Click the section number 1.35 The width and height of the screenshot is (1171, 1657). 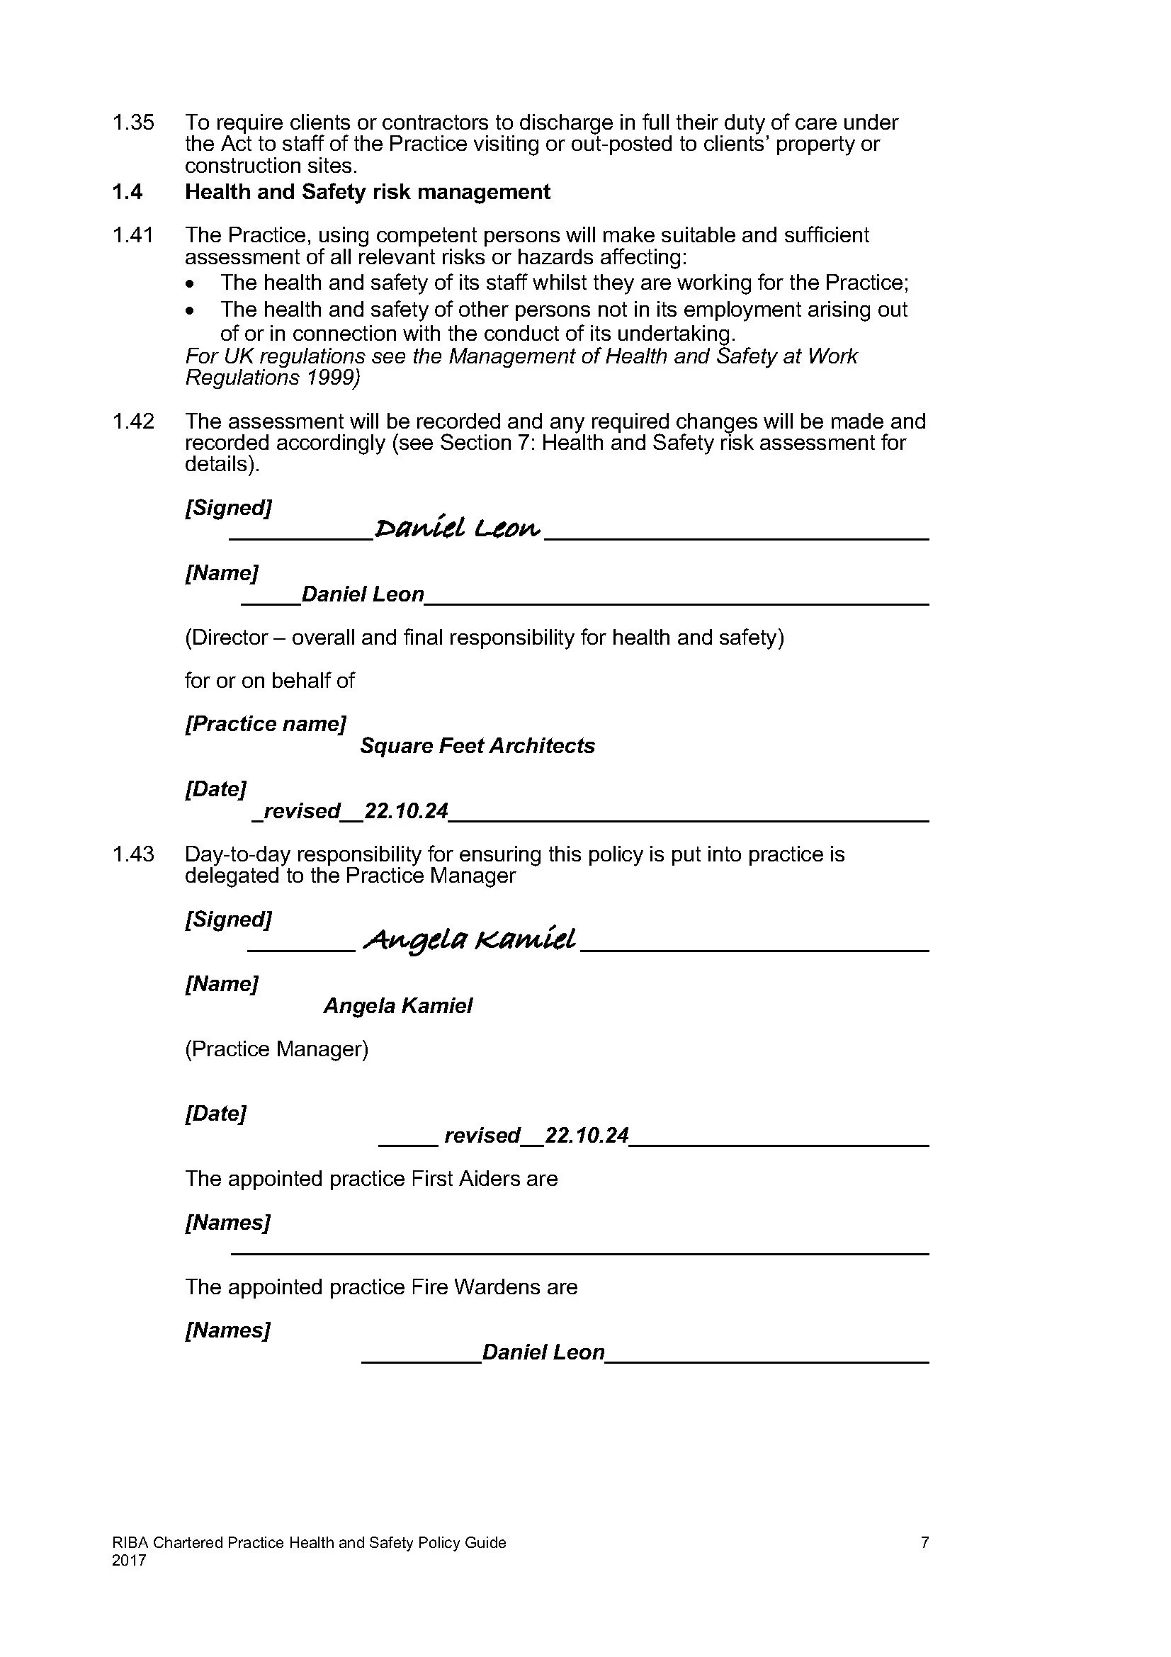point(132,123)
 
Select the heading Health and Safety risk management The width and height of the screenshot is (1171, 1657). point(367,192)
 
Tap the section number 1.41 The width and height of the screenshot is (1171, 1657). point(132,235)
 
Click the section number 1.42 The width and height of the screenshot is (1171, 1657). point(132,422)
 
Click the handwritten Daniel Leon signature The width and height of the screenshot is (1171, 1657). point(458,529)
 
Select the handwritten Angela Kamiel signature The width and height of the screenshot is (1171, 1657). point(470,939)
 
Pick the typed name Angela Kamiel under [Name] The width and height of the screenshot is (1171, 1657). point(397,1005)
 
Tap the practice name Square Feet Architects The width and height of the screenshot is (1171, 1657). point(477,745)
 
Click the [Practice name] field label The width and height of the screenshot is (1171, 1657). point(266,724)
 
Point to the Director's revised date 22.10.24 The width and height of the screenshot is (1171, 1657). point(405,811)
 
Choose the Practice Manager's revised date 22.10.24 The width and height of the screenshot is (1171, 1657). point(586,1135)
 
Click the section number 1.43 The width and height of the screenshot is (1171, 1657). point(132,854)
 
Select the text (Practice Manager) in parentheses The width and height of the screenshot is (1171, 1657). point(276,1048)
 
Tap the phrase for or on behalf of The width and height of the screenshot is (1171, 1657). point(269,681)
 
